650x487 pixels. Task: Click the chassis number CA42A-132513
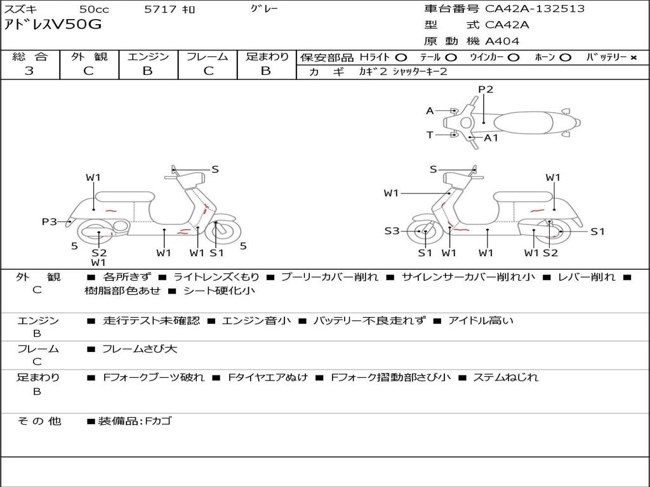coord(534,9)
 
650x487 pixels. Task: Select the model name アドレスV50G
coord(53,25)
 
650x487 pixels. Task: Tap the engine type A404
coord(502,41)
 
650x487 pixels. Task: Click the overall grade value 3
coord(29,70)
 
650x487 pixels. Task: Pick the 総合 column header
coord(30,56)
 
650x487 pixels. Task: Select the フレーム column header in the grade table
coord(207,56)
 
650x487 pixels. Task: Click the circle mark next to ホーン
coord(564,58)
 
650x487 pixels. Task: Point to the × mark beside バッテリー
coord(633,58)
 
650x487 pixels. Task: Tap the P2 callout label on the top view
coord(486,89)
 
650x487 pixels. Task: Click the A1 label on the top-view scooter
coord(491,138)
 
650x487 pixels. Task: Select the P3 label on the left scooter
coord(50,222)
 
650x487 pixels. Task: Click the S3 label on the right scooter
coord(392,231)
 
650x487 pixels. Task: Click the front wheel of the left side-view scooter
coord(217,232)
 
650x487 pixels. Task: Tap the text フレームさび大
coord(140,349)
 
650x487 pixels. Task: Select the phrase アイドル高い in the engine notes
coord(481,320)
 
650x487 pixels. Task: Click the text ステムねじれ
coord(505,377)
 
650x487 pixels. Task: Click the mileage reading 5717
coord(161,9)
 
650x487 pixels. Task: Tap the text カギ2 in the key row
coord(373,72)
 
